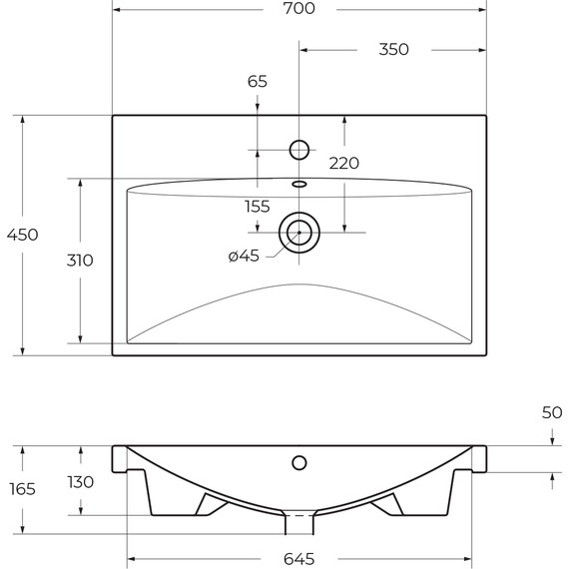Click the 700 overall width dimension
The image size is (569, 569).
click(299, 9)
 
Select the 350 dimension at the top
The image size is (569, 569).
click(393, 49)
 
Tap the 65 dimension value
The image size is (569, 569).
click(258, 82)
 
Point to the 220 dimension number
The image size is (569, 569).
click(343, 163)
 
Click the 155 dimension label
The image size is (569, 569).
click(258, 207)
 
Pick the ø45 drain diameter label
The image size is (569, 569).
click(244, 256)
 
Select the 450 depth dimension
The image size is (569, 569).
click(22, 235)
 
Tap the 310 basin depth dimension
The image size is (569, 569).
click(80, 261)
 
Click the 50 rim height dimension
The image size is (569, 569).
click(552, 412)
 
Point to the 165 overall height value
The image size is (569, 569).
click(22, 489)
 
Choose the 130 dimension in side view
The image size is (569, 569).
click(80, 482)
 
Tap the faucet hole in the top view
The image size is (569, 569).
click(298, 150)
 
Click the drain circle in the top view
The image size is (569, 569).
click(298, 234)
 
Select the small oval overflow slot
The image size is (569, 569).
click(299, 184)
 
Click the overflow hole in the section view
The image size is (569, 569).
click(298, 462)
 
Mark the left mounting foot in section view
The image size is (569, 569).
click(213, 505)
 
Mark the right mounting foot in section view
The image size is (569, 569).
click(385, 505)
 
